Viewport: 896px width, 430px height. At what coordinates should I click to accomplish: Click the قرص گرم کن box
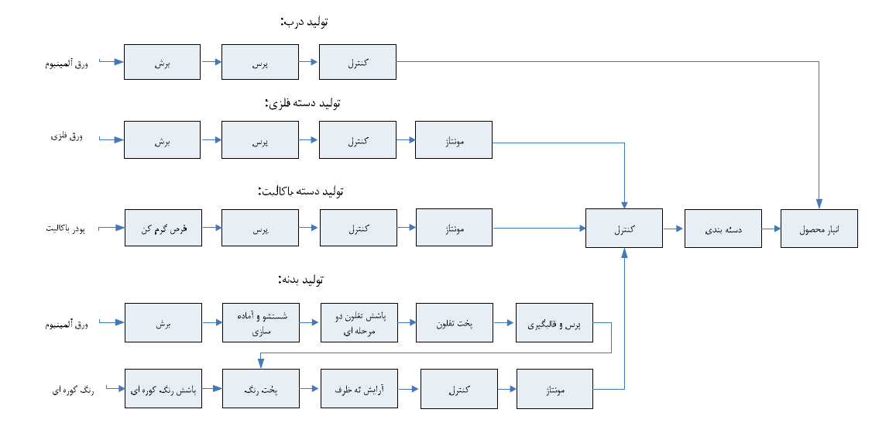coord(163,229)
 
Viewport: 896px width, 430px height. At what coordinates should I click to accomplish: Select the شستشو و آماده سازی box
coord(260,324)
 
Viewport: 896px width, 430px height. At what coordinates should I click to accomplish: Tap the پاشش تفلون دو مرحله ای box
coord(359,324)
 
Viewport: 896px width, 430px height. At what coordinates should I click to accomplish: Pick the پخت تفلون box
coord(454,324)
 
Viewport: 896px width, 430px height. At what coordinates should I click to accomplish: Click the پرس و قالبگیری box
coord(554,324)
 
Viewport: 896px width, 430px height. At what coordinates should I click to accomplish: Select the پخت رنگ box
coord(260,389)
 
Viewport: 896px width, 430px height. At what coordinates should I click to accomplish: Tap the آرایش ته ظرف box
coord(359,389)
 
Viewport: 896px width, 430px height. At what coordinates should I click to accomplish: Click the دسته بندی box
coord(723,229)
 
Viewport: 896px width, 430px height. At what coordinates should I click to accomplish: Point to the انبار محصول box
coord(819,229)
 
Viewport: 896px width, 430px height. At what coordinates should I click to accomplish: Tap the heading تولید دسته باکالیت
coord(299,190)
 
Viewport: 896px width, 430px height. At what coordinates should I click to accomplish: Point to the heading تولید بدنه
coord(300,279)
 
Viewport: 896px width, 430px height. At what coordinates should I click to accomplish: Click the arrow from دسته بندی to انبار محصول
coord(771,229)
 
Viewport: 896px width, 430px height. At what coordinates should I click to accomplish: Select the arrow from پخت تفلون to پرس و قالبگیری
coord(504,324)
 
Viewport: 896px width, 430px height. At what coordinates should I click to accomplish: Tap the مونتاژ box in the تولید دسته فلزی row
coord(454,141)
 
